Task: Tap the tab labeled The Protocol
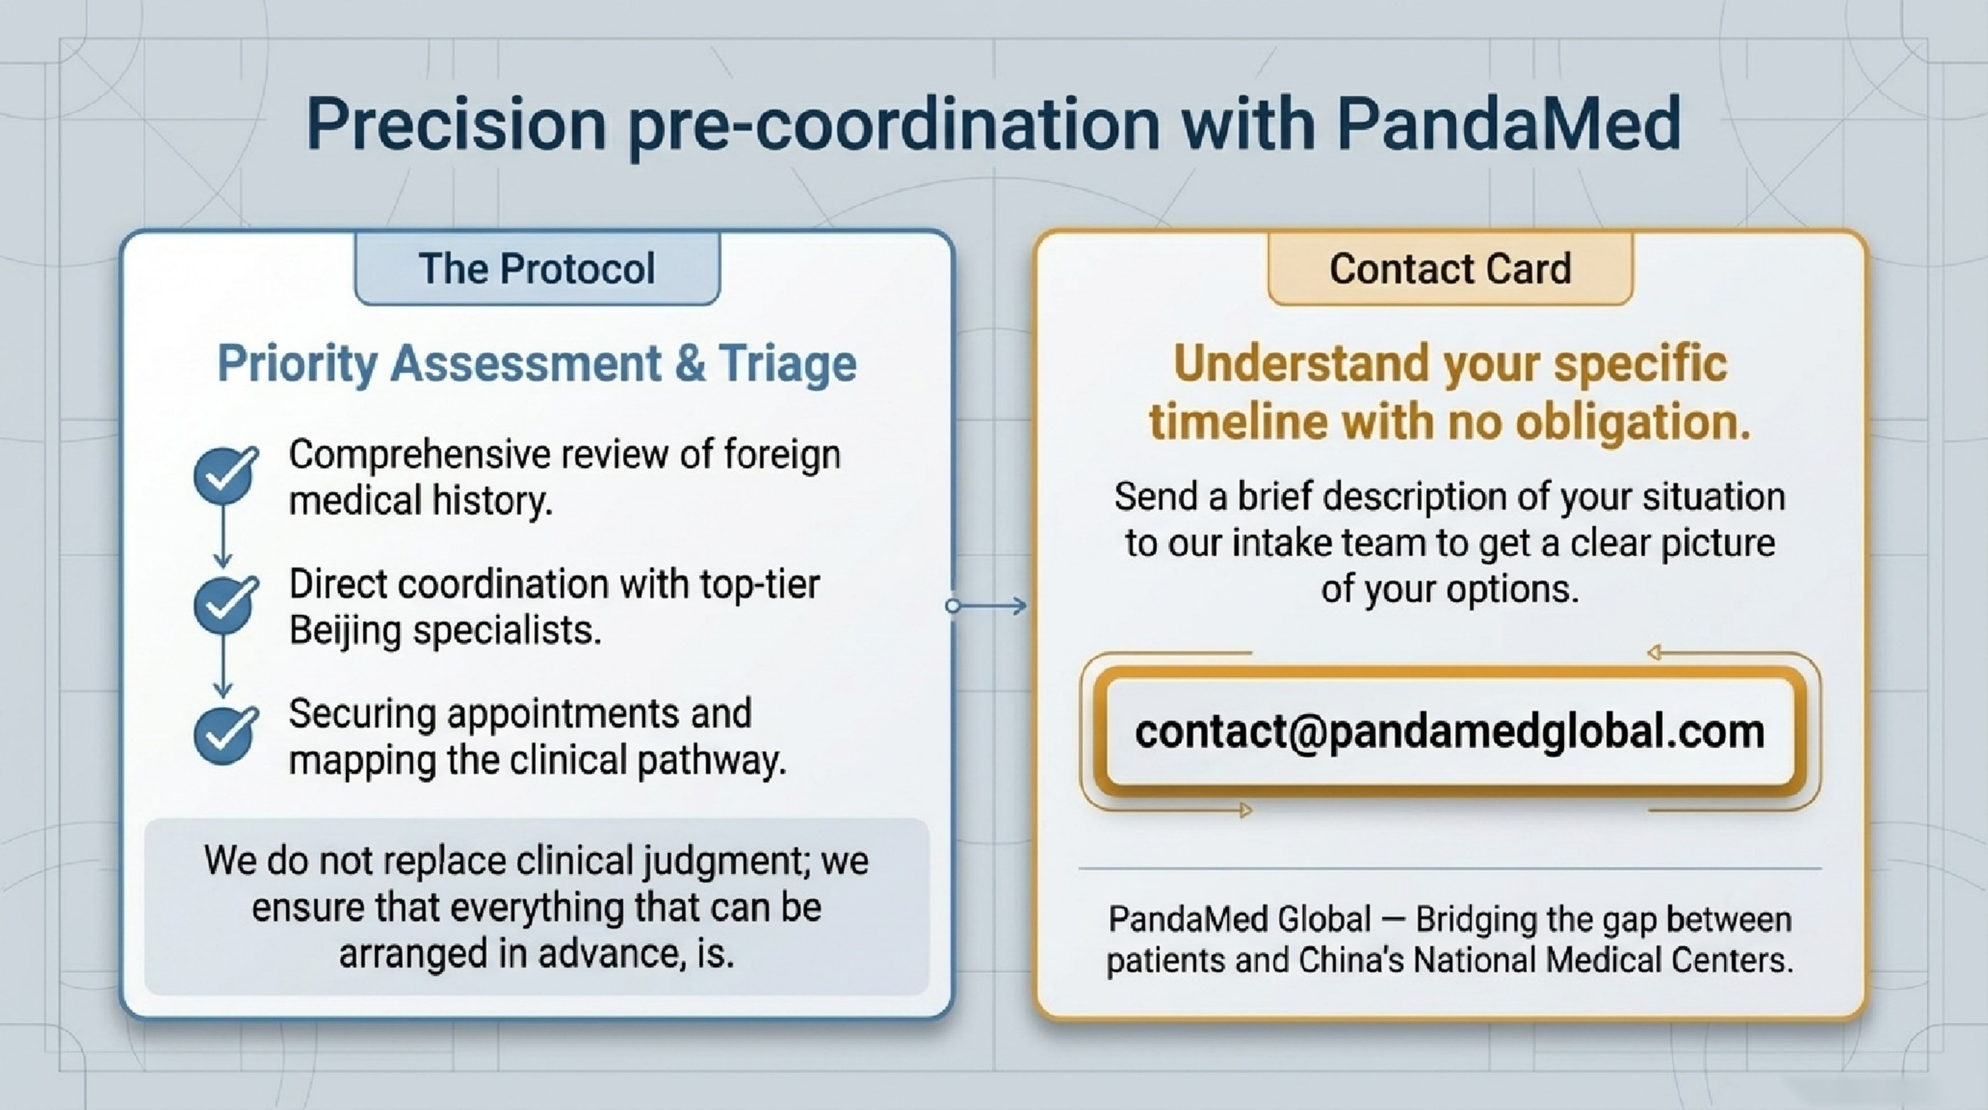(x=537, y=268)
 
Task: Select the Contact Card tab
(x=1450, y=268)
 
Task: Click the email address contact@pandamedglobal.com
(x=1449, y=731)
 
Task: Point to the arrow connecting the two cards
(x=987, y=606)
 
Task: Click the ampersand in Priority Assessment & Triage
(x=689, y=364)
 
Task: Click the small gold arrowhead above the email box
(x=1655, y=653)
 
